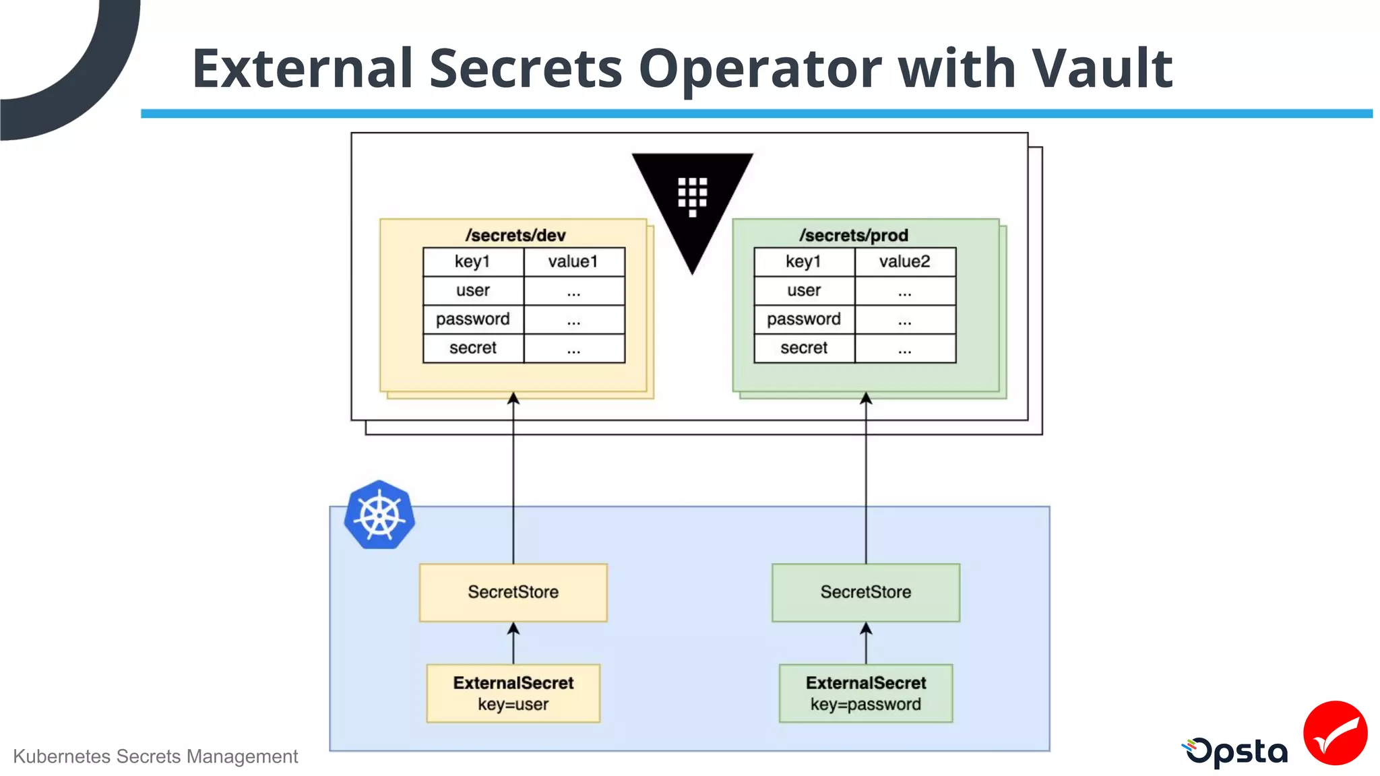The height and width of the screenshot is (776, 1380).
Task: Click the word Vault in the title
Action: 1102,69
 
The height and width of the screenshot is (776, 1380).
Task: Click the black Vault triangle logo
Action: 692,202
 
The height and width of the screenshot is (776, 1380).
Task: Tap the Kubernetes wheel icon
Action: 379,515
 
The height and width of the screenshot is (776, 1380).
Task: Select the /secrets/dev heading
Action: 515,235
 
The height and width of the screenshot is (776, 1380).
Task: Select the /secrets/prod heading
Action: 854,235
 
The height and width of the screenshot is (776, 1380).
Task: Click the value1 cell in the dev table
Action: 573,261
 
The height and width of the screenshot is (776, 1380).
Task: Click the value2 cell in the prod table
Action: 904,261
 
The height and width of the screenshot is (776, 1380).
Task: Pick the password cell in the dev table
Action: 473,319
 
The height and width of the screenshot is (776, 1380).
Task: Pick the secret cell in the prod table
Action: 804,348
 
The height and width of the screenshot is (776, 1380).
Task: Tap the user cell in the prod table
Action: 804,290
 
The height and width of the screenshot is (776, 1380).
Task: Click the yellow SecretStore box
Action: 513,592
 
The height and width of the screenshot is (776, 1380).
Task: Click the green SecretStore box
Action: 865,592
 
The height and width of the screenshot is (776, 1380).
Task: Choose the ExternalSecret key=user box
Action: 513,693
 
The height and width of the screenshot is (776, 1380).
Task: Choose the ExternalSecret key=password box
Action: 865,693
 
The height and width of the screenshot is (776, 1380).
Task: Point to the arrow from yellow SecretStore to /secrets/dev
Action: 513,478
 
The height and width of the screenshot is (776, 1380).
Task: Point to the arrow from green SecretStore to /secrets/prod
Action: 866,478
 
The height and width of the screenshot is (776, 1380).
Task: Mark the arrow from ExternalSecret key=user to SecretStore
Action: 513,643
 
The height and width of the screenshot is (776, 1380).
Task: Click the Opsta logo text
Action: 1237,752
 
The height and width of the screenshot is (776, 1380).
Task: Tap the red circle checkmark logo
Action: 1335,733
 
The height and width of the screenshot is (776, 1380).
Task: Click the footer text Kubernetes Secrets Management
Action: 155,756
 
